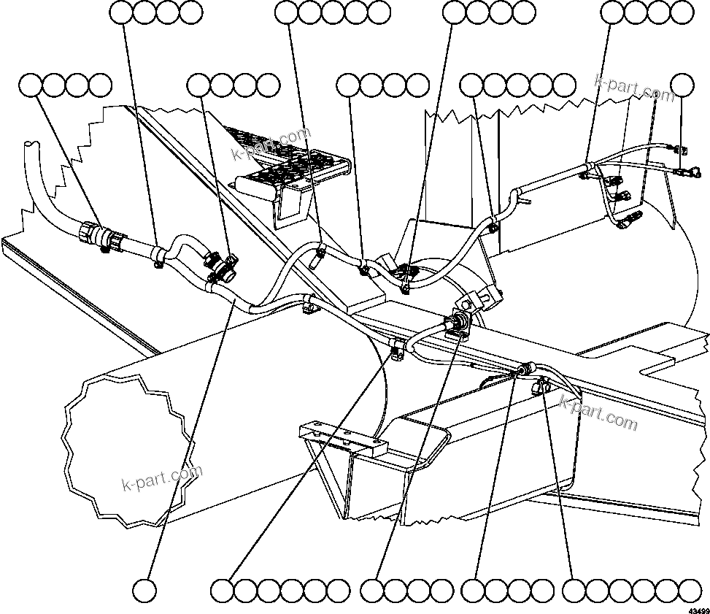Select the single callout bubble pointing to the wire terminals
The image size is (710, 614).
tap(682, 85)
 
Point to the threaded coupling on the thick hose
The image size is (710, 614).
tap(95, 234)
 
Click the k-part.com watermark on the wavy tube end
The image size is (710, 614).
tap(161, 479)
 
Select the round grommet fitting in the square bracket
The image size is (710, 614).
tap(460, 325)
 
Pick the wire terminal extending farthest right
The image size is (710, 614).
tap(690, 172)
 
